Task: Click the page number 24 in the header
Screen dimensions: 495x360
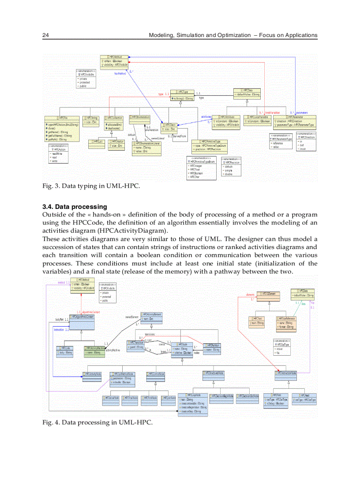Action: (45, 35)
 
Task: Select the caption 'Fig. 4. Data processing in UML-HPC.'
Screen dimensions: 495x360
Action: (97, 422)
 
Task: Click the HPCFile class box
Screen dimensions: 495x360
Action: (62, 128)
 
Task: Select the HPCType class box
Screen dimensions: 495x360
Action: (182, 95)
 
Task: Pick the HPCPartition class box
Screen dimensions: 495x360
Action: (213, 348)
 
